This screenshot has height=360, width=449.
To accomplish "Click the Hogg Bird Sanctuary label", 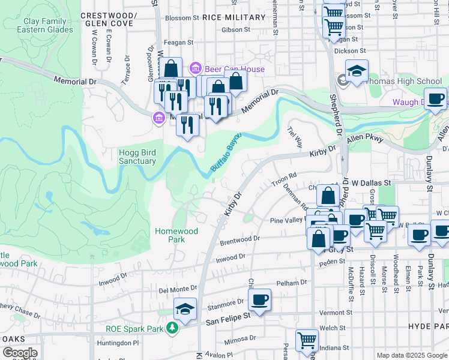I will (137, 156).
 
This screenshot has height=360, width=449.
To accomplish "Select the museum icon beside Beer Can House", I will (194, 69).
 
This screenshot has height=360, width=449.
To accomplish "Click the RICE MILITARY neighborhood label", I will (234, 17).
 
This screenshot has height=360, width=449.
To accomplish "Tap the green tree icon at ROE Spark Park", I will (173, 328).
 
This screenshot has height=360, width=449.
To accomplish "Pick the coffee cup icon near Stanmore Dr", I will (259, 299).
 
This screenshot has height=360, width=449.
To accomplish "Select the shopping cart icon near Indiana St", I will (306, 340).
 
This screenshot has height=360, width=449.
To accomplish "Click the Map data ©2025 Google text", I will (411, 355).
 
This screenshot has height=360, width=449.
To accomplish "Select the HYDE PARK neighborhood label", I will (428, 325).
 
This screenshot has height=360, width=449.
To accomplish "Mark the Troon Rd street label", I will (285, 176).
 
